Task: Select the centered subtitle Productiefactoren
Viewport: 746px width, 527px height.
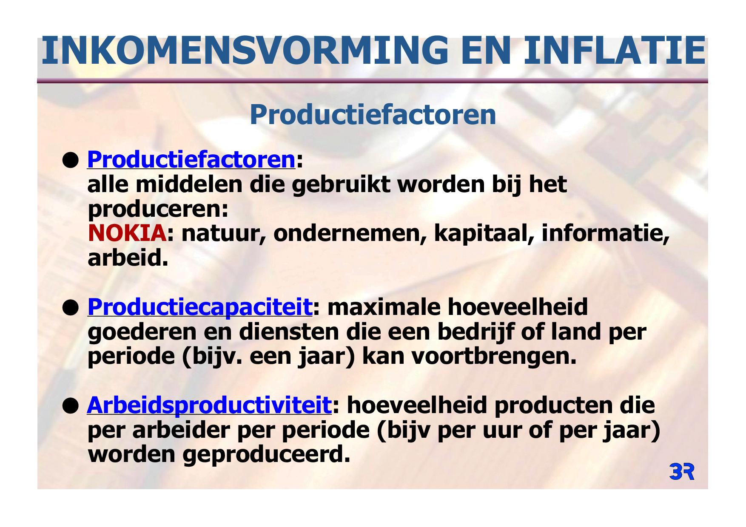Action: pyautogui.click(x=373, y=114)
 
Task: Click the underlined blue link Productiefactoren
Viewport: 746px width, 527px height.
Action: pyautogui.click(x=191, y=160)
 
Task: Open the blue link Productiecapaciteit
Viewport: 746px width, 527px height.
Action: pyautogui.click(x=200, y=307)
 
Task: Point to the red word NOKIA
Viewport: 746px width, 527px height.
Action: pyautogui.click(x=127, y=233)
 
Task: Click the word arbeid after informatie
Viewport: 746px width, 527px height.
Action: pyautogui.click(x=128, y=258)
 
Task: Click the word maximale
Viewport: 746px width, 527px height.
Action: pyautogui.click(x=384, y=307)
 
